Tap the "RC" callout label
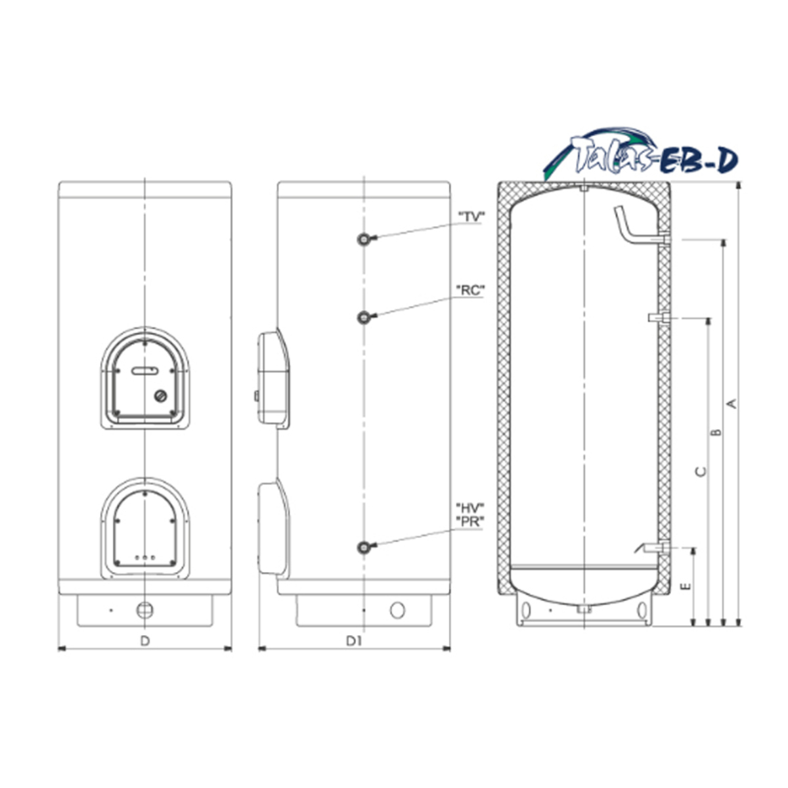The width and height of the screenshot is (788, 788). [470, 290]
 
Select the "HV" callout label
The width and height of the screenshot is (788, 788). [470, 508]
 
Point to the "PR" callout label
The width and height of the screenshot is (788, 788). [470, 521]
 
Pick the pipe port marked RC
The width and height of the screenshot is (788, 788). [364, 317]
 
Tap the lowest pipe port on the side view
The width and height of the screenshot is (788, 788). [364, 547]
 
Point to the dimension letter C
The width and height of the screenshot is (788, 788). [701, 471]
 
